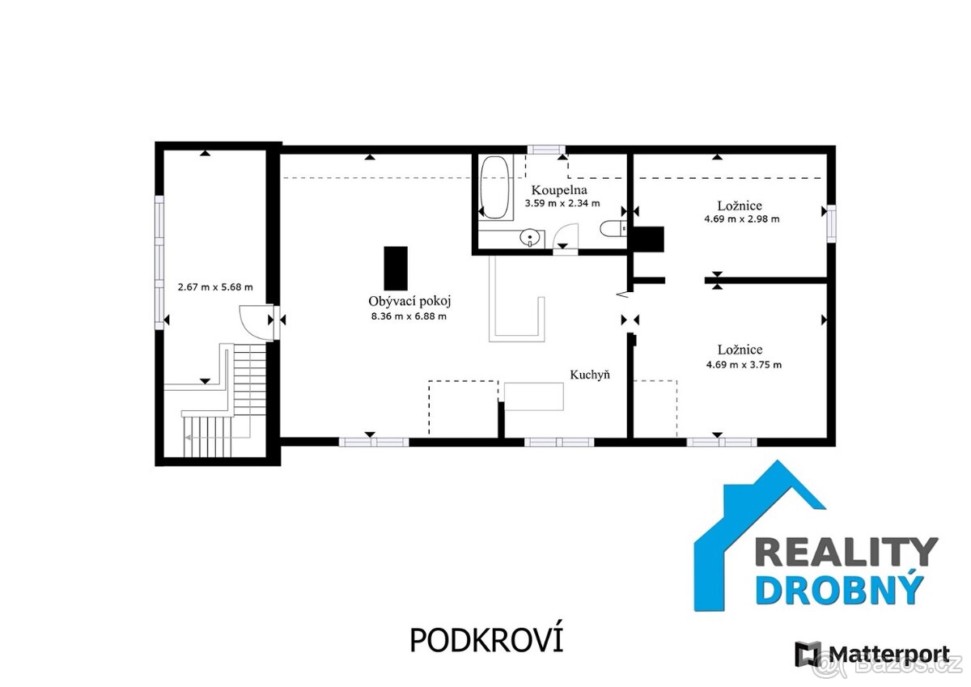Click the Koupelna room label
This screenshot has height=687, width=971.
tap(559, 190)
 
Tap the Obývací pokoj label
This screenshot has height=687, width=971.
tap(409, 301)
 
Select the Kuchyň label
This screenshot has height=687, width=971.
tap(590, 375)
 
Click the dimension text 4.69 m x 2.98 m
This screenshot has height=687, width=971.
tap(742, 219)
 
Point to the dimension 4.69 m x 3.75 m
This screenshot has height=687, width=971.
tap(744, 364)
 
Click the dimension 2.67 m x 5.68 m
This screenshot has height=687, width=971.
tap(215, 287)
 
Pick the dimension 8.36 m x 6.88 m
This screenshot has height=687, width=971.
tap(409, 316)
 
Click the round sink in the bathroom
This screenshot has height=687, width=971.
tap(530, 238)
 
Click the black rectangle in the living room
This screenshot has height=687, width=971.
tap(396, 269)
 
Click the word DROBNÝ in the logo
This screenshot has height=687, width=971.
tap(838, 589)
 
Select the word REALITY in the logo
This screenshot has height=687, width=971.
tap(846, 552)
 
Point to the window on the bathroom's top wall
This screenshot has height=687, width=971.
tap(546, 150)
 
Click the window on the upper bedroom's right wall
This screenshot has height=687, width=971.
tap(831, 223)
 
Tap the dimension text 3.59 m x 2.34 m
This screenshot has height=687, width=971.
tap(562, 203)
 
